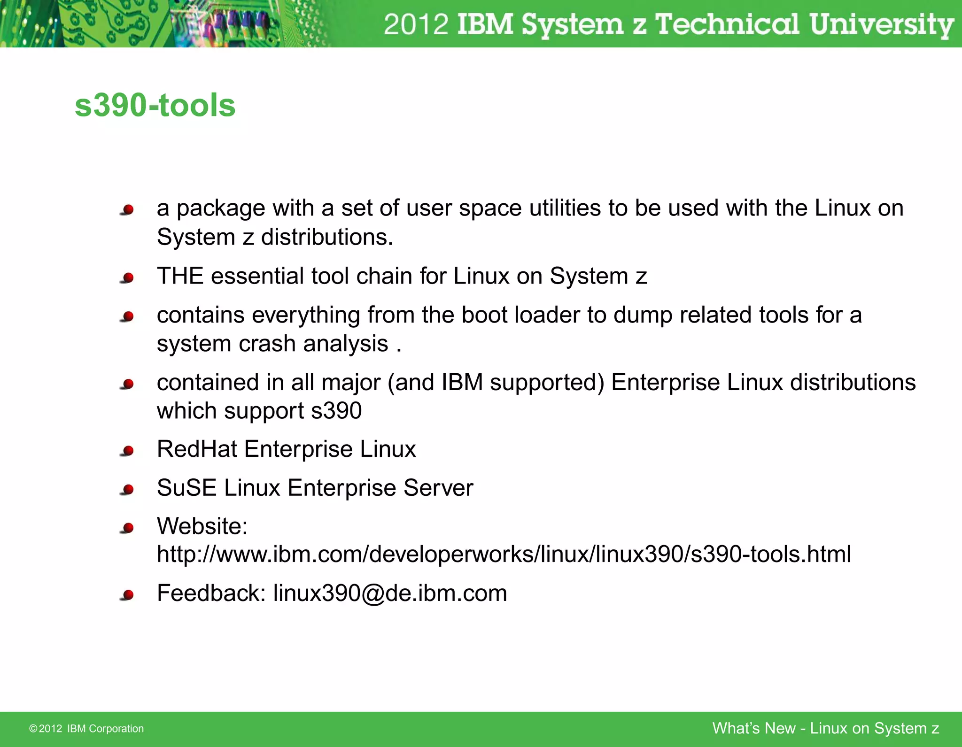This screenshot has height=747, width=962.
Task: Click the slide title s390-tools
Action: [x=155, y=105]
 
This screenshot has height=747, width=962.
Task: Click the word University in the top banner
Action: [x=881, y=24]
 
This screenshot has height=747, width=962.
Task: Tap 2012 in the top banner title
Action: [x=416, y=24]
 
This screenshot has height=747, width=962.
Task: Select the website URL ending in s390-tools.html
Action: [x=504, y=554]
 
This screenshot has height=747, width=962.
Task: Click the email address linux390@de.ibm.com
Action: [x=390, y=593]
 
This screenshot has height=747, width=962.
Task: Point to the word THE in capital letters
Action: [x=180, y=276]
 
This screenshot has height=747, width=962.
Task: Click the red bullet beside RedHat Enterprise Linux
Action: [x=127, y=451]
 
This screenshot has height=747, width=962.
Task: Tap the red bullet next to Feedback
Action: [x=127, y=595]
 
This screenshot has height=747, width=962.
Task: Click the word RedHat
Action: [x=197, y=449]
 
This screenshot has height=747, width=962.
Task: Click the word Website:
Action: [x=202, y=526]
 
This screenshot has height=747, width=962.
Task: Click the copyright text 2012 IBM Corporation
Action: [x=86, y=728]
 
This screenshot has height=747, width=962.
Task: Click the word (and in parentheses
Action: [x=411, y=382]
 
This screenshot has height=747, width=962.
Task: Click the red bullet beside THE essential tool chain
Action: [x=127, y=278]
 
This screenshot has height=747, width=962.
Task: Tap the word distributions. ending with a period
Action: [x=327, y=237]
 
